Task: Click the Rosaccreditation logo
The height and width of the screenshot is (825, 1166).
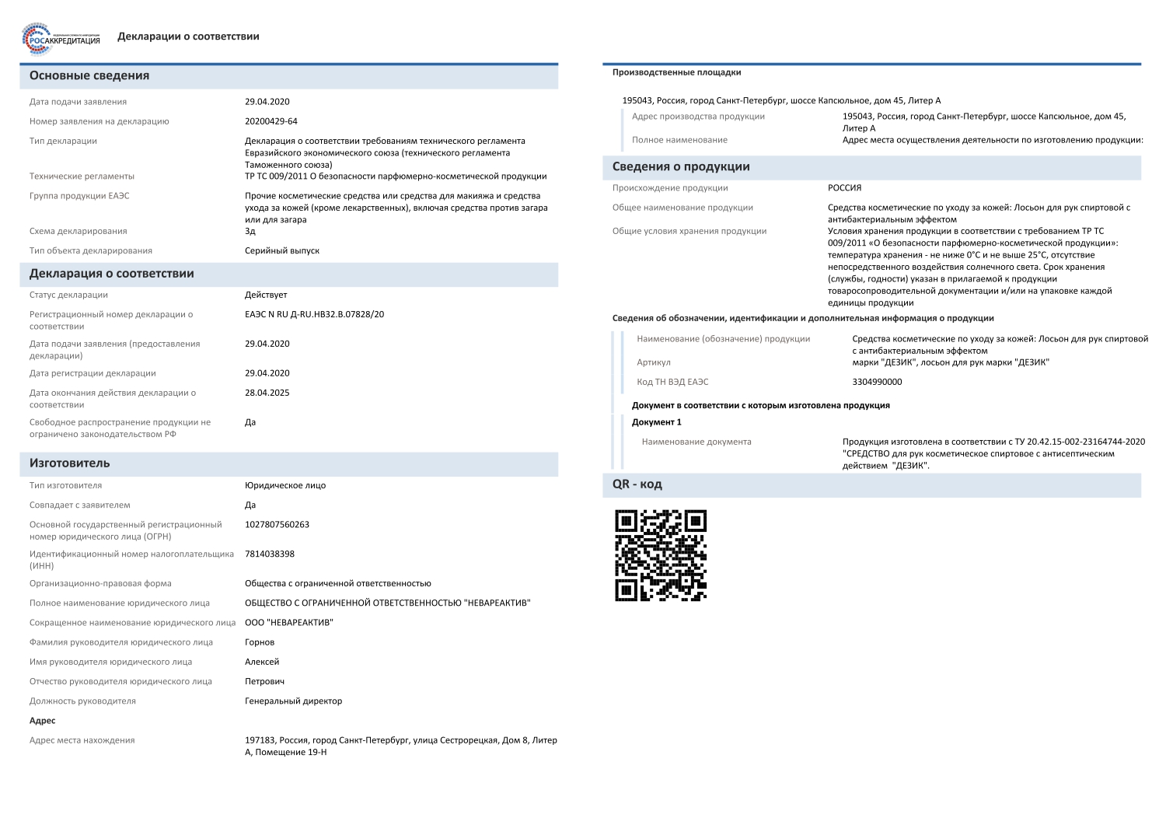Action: click(61, 39)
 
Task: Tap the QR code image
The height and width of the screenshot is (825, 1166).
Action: click(661, 555)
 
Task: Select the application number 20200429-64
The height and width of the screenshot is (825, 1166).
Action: click(271, 121)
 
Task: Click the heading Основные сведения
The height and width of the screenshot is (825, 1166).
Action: click(89, 76)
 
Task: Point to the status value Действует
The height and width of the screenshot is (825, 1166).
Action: click(266, 295)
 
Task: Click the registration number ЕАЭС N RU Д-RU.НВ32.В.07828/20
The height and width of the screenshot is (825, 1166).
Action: click(314, 315)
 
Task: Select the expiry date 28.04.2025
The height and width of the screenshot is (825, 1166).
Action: click(267, 393)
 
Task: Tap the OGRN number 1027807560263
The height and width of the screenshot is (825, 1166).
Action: click(277, 525)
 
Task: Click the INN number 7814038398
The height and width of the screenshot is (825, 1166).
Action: click(270, 554)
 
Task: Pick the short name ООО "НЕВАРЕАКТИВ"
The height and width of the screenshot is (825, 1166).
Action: click(289, 623)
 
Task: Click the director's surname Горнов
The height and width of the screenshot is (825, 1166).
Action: click(260, 643)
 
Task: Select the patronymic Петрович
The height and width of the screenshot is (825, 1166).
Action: click(264, 682)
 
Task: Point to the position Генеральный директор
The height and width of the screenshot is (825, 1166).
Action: click(293, 701)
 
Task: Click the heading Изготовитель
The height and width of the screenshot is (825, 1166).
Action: click(70, 463)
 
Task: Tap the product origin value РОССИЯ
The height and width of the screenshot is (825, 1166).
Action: click(845, 188)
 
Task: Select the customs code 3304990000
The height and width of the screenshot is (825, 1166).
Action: click(877, 383)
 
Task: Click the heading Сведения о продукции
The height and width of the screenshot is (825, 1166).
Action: click(681, 167)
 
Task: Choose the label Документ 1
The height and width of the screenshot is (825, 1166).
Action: click(656, 423)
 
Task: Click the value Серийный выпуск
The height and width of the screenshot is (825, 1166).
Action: click(282, 251)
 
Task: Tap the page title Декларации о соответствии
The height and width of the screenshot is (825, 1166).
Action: click(188, 37)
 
